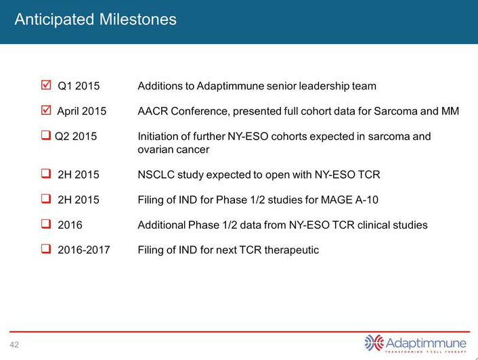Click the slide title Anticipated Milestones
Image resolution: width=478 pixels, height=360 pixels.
tap(95, 20)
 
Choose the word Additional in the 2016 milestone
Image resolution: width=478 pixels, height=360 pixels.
tap(162, 225)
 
